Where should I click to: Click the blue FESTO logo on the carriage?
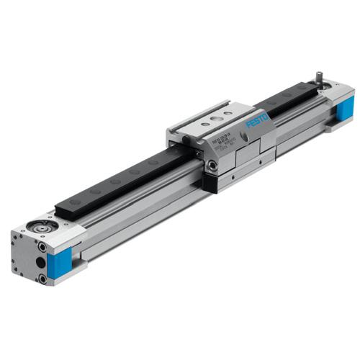257,119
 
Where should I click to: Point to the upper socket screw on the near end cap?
42,247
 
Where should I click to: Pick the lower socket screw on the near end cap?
42,278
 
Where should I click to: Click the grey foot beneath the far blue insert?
336,127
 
